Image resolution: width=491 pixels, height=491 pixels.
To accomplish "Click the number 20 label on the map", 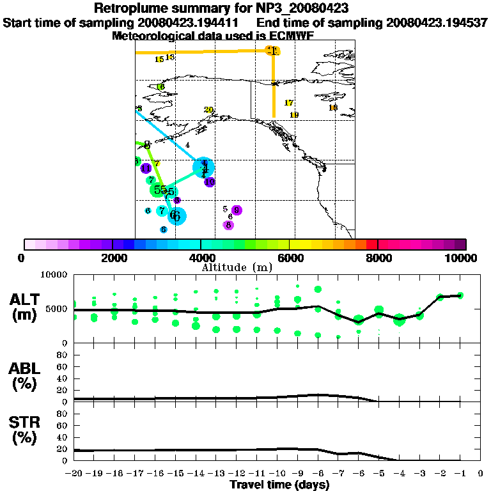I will coord(208,110).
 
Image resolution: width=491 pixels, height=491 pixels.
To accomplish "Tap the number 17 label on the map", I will coord(288,103).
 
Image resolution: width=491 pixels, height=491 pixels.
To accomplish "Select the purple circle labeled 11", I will coord(146,168).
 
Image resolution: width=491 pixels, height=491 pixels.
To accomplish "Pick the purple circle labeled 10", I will coord(210,182).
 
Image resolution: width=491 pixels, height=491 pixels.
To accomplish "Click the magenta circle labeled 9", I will coord(237,210).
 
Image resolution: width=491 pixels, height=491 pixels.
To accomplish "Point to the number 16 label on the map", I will coord(160,87).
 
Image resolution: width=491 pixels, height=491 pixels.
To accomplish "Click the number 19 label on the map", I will coord(294,115).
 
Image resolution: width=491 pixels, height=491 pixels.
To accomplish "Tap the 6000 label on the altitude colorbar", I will coord(289,258).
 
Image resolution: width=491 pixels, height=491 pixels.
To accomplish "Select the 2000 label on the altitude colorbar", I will coord(113,258).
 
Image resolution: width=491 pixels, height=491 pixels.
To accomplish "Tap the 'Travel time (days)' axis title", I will coord(279,485).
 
